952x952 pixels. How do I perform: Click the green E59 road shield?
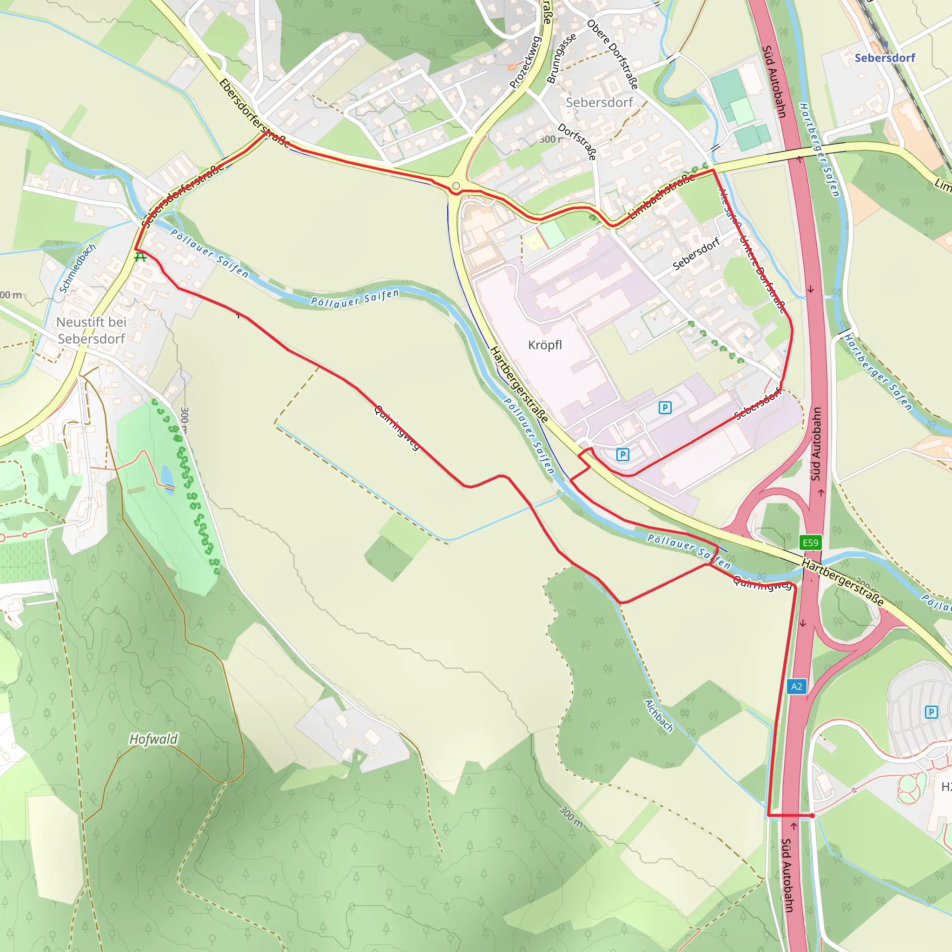pyautogui.click(x=810, y=542)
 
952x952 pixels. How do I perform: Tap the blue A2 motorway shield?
pyautogui.click(x=796, y=687)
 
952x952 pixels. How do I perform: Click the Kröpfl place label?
pyautogui.click(x=544, y=345)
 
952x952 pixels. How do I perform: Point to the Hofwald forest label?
pyautogui.click(x=153, y=739)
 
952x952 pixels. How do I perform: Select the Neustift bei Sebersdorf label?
pyautogui.click(x=91, y=330)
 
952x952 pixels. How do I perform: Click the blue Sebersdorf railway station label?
pyautogui.click(x=885, y=58)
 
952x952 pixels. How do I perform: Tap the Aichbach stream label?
pyautogui.click(x=659, y=715)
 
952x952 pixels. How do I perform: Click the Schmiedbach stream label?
pyautogui.click(x=77, y=269)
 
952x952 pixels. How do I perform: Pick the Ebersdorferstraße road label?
pyautogui.click(x=254, y=113)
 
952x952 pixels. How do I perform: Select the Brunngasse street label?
pyautogui.click(x=561, y=58)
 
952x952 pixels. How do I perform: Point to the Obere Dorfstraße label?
pyautogui.click(x=613, y=54)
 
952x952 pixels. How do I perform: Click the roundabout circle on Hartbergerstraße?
pyautogui.click(x=456, y=186)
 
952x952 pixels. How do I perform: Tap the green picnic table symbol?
pyautogui.click(x=140, y=257)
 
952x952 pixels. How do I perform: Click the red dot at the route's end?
pyautogui.click(x=812, y=816)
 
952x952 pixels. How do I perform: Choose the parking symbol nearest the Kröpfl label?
pyautogui.click(x=665, y=408)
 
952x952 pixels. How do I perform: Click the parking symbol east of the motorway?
pyautogui.click(x=931, y=712)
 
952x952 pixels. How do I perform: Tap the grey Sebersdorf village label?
pyautogui.click(x=599, y=102)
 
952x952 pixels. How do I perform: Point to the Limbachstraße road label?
pyautogui.click(x=663, y=196)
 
